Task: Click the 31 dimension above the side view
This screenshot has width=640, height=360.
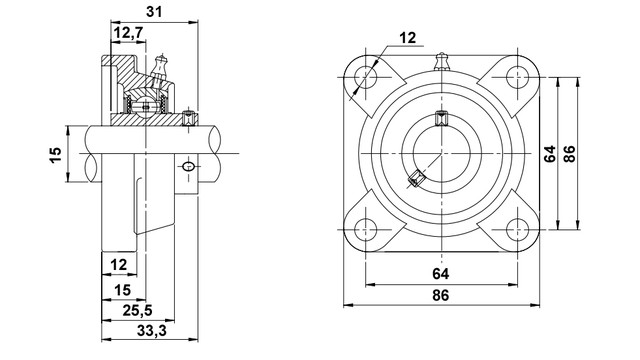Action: tap(154, 12)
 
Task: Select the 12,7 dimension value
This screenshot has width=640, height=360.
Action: tap(129, 32)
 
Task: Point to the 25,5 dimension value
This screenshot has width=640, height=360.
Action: tap(137, 311)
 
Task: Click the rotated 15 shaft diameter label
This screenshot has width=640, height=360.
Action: tap(56, 154)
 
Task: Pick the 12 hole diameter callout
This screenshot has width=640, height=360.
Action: tap(407, 38)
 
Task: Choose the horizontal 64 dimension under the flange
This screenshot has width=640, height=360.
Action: tap(441, 274)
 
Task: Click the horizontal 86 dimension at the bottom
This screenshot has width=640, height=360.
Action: tap(441, 295)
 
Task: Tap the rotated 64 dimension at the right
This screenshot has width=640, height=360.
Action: tap(550, 154)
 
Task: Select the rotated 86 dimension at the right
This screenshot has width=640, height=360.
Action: tap(569, 154)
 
